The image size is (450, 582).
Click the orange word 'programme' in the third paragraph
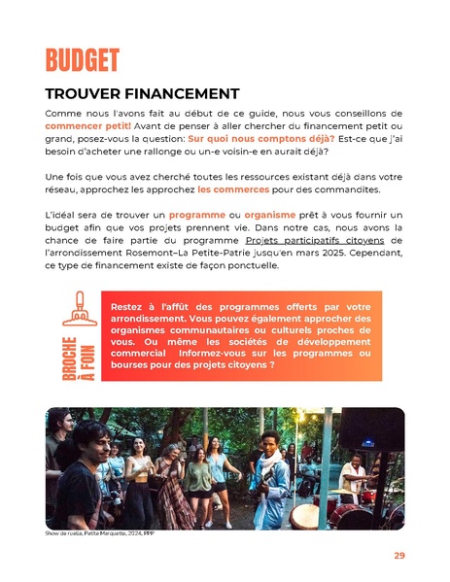(x=196, y=214)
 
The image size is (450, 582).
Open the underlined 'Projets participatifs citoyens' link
(x=314, y=239)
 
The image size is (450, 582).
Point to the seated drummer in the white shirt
(x=353, y=480)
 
